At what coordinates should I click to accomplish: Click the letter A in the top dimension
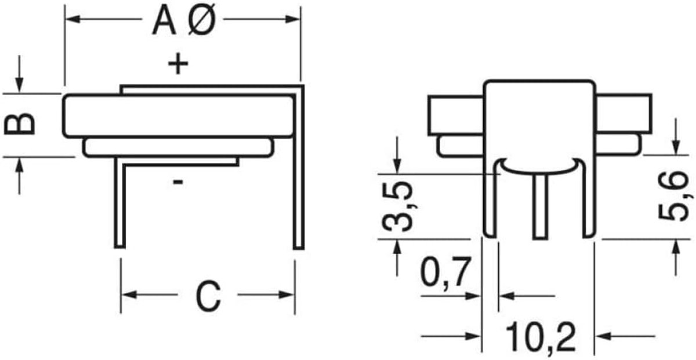tap(164, 21)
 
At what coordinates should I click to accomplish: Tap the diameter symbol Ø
tap(202, 20)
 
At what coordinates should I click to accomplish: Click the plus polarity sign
tap(178, 64)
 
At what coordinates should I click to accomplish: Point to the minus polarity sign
tap(178, 182)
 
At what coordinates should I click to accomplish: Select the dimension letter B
tap(19, 124)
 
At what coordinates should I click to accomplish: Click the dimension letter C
tap(208, 296)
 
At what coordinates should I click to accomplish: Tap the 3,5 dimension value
tap(397, 207)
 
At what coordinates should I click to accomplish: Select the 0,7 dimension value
tap(445, 272)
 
